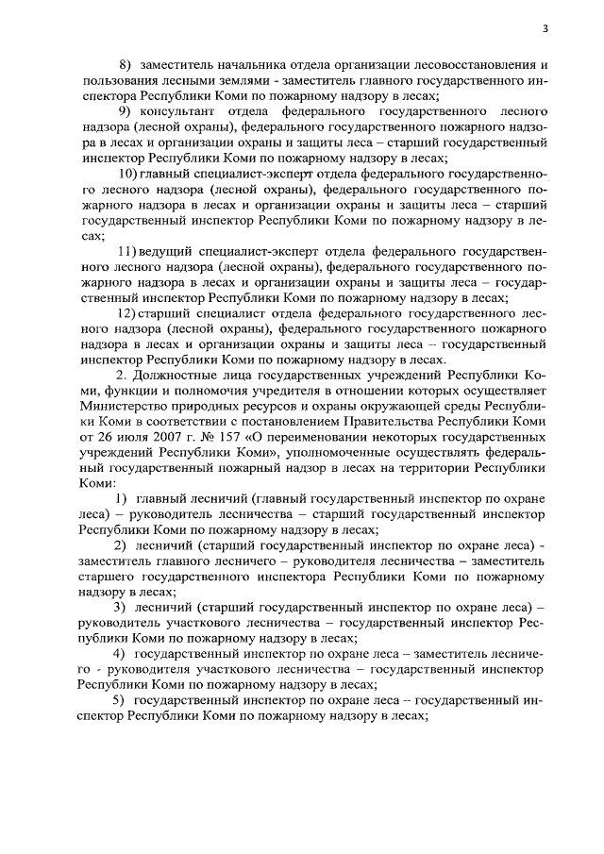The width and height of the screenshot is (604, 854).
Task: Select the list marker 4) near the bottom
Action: pos(119,653)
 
